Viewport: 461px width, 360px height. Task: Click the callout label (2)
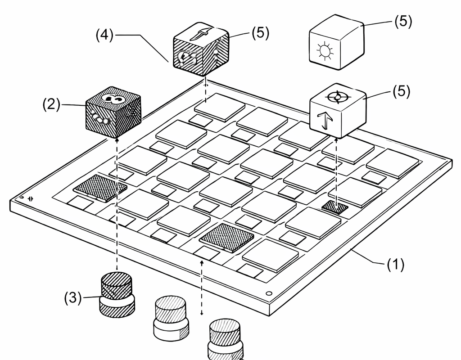pyautogui.click(x=51, y=104)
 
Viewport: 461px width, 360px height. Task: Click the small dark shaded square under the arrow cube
pyautogui.click(x=335, y=207)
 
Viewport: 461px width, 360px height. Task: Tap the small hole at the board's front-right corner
pyautogui.click(x=269, y=293)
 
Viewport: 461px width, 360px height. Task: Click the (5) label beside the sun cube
pyautogui.click(x=403, y=21)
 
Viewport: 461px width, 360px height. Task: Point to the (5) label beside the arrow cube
pyautogui.click(x=402, y=91)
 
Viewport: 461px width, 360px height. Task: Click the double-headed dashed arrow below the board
pyautogui.click(x=202, y=288)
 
